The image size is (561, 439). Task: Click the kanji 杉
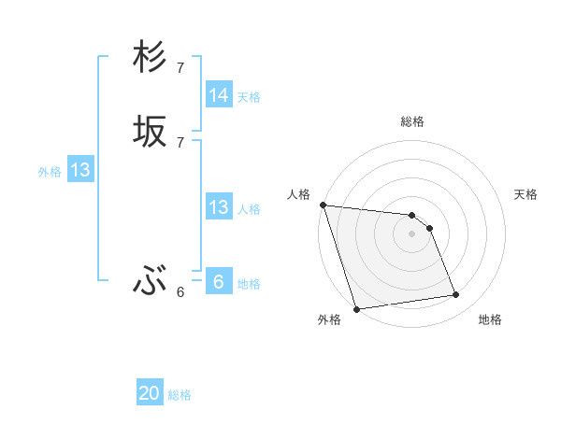150,58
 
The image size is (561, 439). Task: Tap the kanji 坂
150,132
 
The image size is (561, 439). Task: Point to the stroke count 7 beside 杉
180,67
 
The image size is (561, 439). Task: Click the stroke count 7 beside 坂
180,142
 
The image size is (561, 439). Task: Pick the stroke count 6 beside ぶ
180,291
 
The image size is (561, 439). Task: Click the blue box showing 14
219,95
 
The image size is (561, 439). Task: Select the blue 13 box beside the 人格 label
219,207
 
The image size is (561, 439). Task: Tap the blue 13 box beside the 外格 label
80,170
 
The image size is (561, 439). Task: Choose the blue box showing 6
219,282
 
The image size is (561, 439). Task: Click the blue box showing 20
150,393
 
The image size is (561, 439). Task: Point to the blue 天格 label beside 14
249,97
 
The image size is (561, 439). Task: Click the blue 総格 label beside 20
180,395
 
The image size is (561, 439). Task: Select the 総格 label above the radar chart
412,121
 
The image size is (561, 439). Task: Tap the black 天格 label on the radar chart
525,194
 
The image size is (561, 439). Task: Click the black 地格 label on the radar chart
490,319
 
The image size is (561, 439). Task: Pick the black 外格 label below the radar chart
329,319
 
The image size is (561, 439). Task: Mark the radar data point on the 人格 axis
323,205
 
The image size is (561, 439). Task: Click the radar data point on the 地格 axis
456,295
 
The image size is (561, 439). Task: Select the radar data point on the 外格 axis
356,308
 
